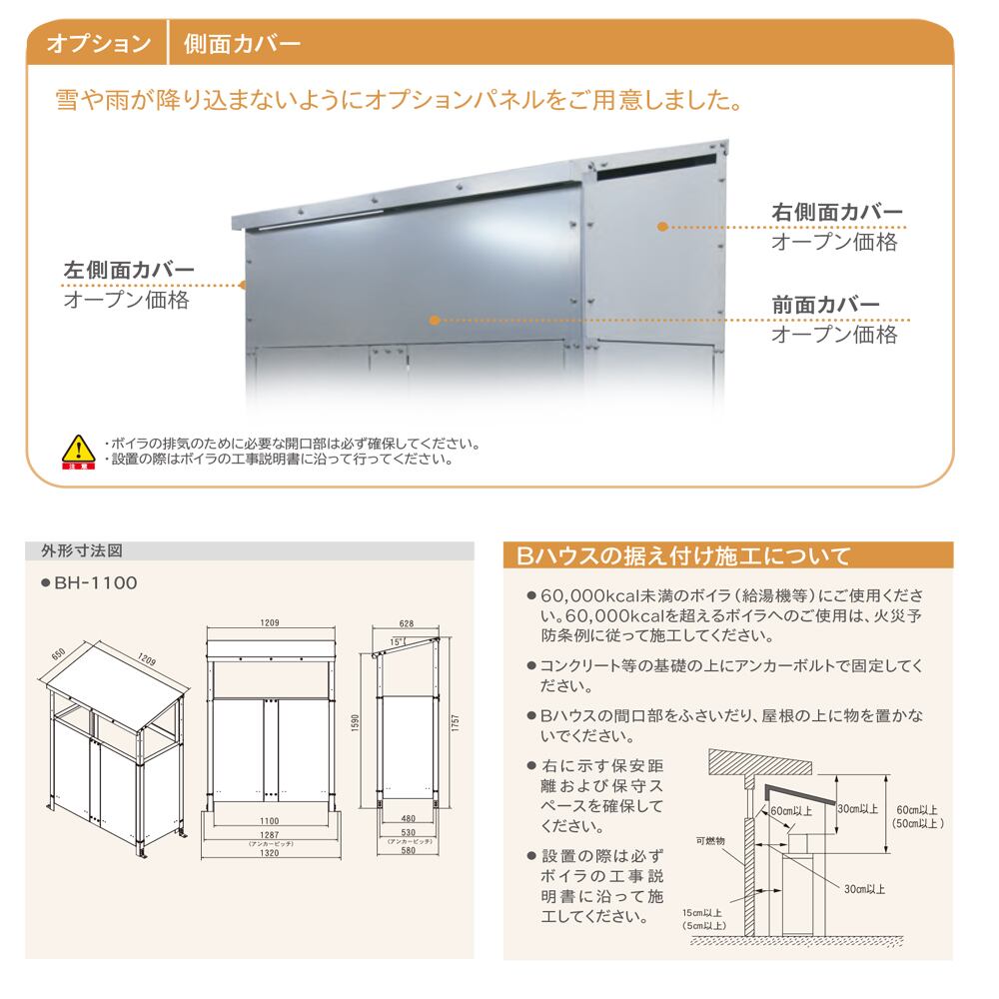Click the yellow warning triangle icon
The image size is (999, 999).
coord(76,450)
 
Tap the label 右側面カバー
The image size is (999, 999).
coord(837,213)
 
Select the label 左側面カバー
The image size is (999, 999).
coord(129,271)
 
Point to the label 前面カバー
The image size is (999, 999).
coord(825,306)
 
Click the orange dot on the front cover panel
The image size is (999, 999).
coord(434,321)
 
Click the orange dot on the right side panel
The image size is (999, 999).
coord(661,228)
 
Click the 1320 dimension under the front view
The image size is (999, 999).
coord(269,854)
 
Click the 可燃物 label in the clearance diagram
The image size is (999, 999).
coord(710,841)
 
